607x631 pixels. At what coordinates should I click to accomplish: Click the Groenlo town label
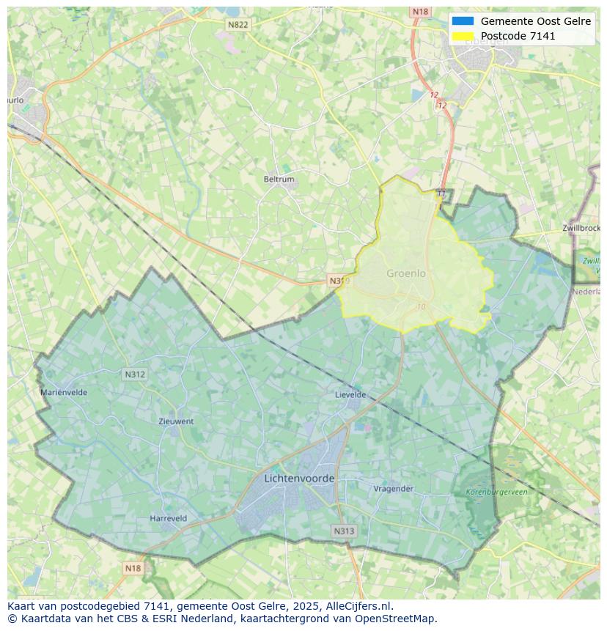coord(405,273)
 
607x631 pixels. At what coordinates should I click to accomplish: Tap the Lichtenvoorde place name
coord(299,479)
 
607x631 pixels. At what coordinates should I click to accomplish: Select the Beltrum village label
coord(279,179)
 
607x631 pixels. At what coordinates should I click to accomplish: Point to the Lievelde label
coord(350,394)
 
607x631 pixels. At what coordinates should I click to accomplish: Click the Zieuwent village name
coord(176,421)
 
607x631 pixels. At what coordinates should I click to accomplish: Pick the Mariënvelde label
coord(64,392)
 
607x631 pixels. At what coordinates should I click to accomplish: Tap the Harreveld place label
coord(168,518)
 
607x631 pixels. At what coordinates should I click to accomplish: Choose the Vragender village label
coord(394,488)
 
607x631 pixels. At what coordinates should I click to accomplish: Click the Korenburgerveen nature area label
coord(496,492)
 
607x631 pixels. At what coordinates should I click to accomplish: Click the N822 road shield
coord(238,25)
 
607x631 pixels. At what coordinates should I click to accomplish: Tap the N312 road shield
coord(135,374)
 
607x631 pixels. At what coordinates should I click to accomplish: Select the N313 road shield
coord(344,531)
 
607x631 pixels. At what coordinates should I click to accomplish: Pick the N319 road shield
coord(338,281)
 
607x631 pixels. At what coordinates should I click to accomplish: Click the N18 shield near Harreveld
coord(133,568)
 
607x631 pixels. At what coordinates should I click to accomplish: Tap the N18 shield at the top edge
coord(420,12)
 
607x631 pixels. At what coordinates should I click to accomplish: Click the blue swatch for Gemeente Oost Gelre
coord(463,21)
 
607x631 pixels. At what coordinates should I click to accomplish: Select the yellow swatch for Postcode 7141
coord(463,36)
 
